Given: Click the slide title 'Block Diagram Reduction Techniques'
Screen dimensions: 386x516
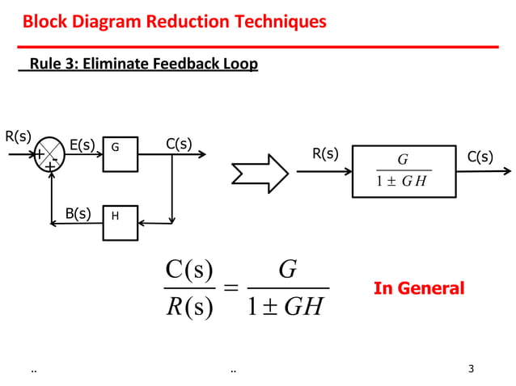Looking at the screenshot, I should (174, 21).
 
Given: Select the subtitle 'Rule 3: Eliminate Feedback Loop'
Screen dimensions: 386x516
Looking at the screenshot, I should (143, 64).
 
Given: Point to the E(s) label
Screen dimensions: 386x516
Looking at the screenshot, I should (82, 145).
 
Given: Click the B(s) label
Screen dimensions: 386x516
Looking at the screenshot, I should (78, 214).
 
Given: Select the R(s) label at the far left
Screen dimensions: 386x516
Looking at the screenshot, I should (18, 136).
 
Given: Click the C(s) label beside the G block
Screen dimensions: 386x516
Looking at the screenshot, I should (179, 144).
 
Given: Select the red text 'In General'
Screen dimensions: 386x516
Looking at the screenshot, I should (419, 288).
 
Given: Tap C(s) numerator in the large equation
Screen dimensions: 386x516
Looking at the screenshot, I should (189, 269).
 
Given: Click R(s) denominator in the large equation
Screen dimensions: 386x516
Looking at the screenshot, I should (189, 308).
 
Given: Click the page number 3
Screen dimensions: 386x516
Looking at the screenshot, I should (472, 370).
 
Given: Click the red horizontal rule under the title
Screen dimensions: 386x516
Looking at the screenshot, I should (259, 47).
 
